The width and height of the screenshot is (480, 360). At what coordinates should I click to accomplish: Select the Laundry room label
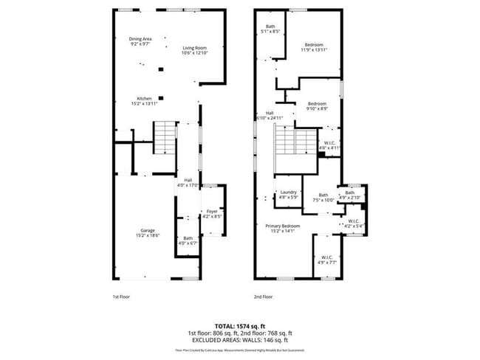[287, 195]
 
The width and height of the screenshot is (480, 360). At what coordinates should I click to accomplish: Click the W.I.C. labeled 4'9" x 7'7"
[326, 259]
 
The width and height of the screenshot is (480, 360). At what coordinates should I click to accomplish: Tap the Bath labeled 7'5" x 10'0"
[323, 197]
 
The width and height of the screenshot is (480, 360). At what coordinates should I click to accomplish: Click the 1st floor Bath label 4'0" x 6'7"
[188, 240]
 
